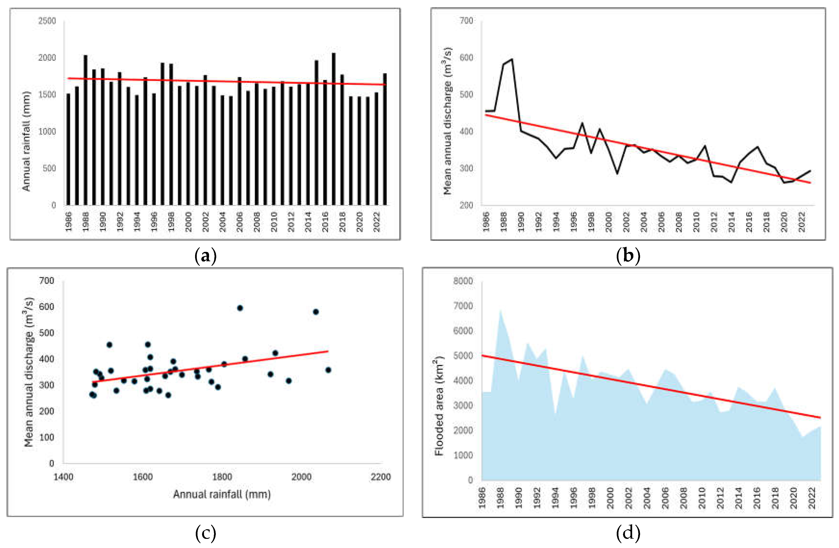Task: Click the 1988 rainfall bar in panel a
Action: [x=85, y=130]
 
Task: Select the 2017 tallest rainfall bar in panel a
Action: [x=333, y=129]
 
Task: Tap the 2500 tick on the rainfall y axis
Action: [x=47, y=21]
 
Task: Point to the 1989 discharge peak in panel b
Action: [x=512, y=59]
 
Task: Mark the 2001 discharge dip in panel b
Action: [x=617, y=173]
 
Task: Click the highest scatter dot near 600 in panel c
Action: [x=240, y=308]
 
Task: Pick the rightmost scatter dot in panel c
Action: [x=328, y=370]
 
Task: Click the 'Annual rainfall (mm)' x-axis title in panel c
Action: [x=222, y=494]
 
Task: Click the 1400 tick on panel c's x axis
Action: [x=64, y=477]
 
